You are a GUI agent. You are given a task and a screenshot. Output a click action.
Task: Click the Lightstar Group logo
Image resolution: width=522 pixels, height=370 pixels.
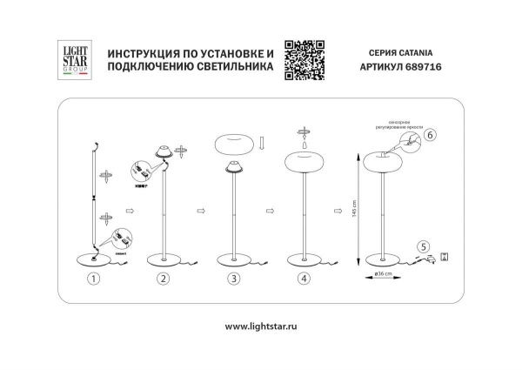73,61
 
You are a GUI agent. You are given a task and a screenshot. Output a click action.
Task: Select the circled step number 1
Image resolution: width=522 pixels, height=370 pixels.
95,279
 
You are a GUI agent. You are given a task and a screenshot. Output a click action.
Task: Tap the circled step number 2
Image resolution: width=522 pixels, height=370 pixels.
163,279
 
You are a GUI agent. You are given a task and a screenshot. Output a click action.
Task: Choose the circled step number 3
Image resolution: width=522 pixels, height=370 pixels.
233,279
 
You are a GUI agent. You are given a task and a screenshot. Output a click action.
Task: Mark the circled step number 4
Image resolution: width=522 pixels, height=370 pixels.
302,279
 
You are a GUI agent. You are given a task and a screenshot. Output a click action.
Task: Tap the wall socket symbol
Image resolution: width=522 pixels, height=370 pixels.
445,256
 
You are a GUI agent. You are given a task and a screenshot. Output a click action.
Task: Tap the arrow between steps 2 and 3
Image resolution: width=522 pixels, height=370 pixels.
201,210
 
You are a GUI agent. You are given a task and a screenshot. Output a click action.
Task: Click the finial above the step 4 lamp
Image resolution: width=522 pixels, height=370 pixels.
304,132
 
